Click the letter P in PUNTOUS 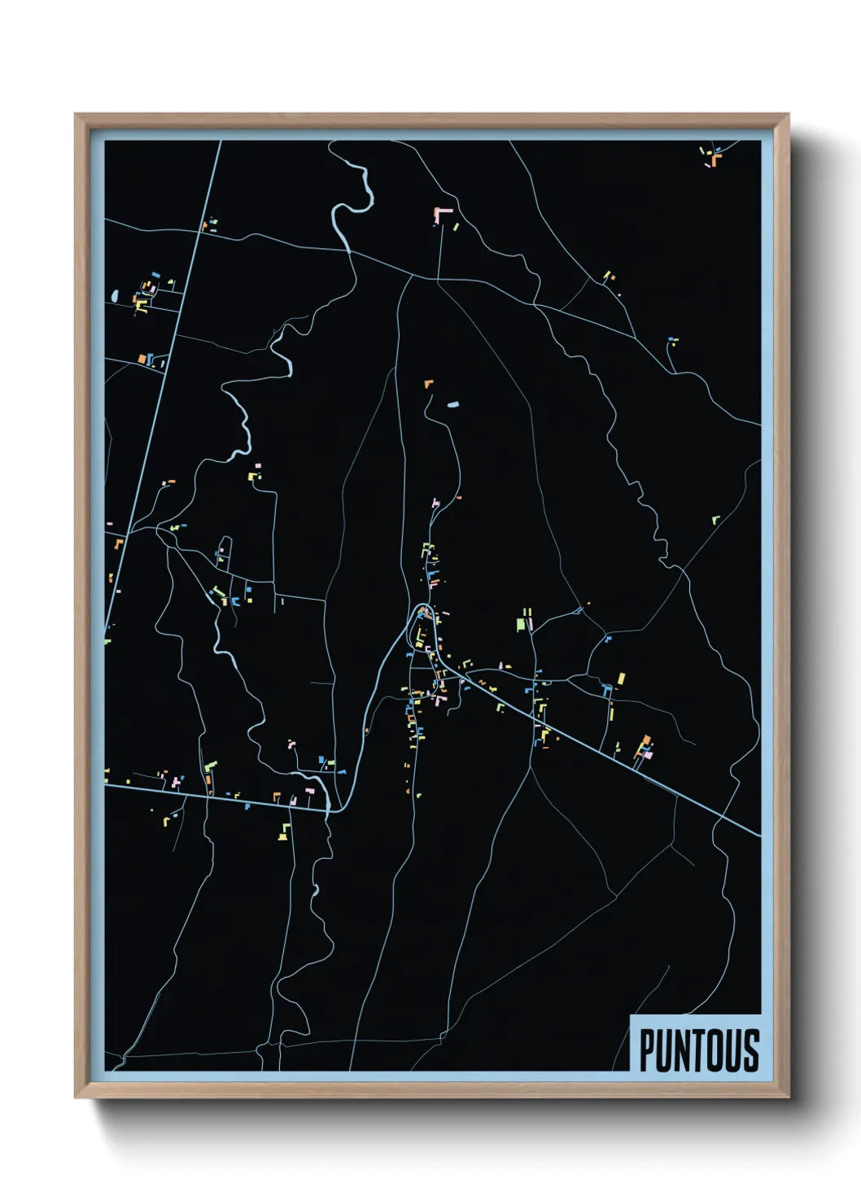pos(649,1050)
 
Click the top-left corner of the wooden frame pos(76,115)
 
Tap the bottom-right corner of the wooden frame pos(788,1097)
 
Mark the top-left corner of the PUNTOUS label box pos(632,1016)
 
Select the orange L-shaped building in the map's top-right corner pos(715,159)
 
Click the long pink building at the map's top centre pos(443,212)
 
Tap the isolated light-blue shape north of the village pos(452,404)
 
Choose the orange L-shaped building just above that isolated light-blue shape pos(428,383)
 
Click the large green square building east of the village pos(522,625)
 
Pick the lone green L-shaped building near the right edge pos(715,519)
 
